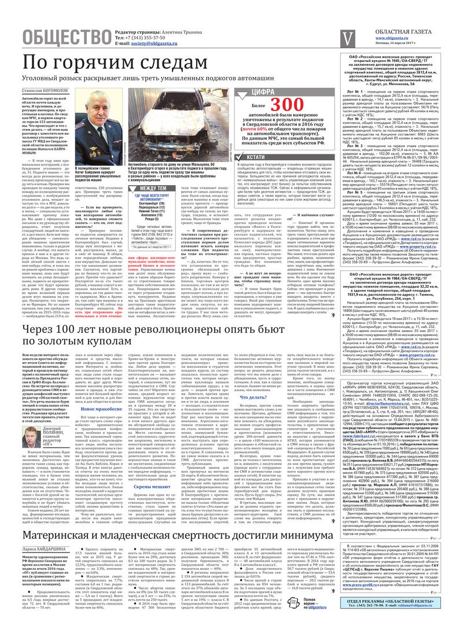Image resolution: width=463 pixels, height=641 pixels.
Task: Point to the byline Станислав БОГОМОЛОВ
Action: pos(45,91)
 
